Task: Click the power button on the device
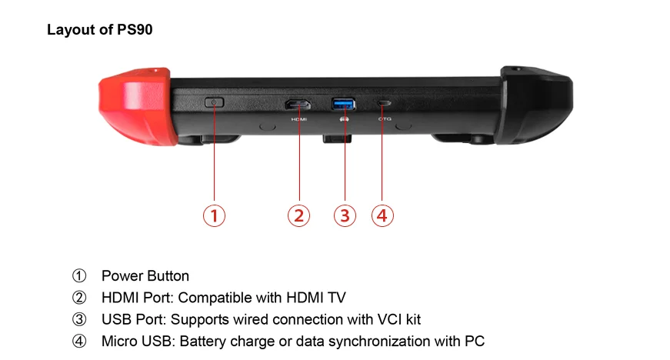(214, 102)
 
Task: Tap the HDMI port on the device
(297, 104)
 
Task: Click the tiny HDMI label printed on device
(298, 119)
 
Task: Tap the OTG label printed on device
(385, 119)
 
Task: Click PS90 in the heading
(139, 30)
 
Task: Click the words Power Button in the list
(145, 275)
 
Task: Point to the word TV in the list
(348, 297)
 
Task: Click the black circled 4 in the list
(79, 341)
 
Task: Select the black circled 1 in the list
(79, 275)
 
